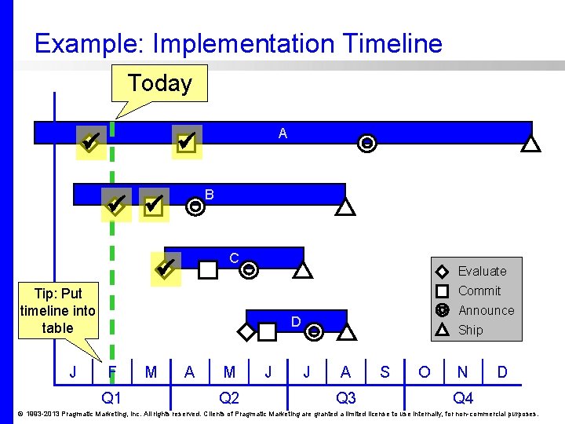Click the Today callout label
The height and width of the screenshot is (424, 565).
(160, 83)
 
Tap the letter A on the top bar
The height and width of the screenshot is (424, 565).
(282, 134)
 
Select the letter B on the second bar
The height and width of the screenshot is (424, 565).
(209, 195)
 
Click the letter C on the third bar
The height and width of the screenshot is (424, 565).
(234, 258)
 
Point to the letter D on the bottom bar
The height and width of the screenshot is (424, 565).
(296, 322)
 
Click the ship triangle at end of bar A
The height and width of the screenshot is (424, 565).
(531, 144)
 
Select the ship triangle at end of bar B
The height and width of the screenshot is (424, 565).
(345, 207)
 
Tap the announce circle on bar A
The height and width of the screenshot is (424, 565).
(366, 144)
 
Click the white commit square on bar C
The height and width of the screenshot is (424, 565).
(207, 270)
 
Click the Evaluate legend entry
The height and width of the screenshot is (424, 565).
(482, 271)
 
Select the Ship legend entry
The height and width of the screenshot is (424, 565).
(470, 330)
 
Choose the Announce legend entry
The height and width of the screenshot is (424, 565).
(486, 310)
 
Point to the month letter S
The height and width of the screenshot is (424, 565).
(385, 372)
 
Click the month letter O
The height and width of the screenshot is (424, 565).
(424, 372)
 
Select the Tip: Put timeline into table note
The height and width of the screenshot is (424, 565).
(57, 311)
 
